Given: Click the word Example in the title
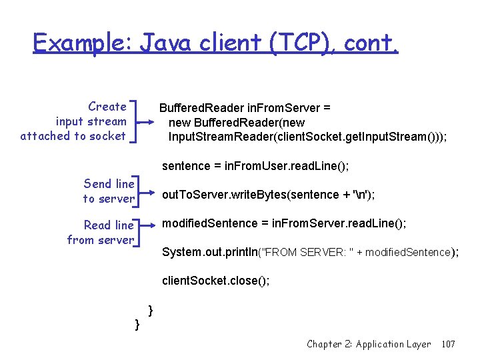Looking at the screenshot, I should [x=83, y=44].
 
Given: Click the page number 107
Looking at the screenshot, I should [x=448, y=344].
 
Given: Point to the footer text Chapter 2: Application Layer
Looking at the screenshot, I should [x=369, y=344].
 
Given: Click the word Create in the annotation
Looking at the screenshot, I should [x=107, y=107].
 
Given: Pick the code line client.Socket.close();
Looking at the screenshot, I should [x=216, y=281].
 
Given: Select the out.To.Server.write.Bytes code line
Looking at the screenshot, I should [x=268, y=195].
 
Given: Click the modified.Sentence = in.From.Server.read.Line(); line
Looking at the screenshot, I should [x=284, y=224].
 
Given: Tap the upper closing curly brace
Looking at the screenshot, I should [x=151, y=310].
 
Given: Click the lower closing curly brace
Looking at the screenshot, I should [x=137, y=324].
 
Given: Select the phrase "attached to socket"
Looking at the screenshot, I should [x=73, y=136].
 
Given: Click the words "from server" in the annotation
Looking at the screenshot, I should [x=100, y=240].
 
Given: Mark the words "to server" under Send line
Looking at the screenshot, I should [x=109, y=199].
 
